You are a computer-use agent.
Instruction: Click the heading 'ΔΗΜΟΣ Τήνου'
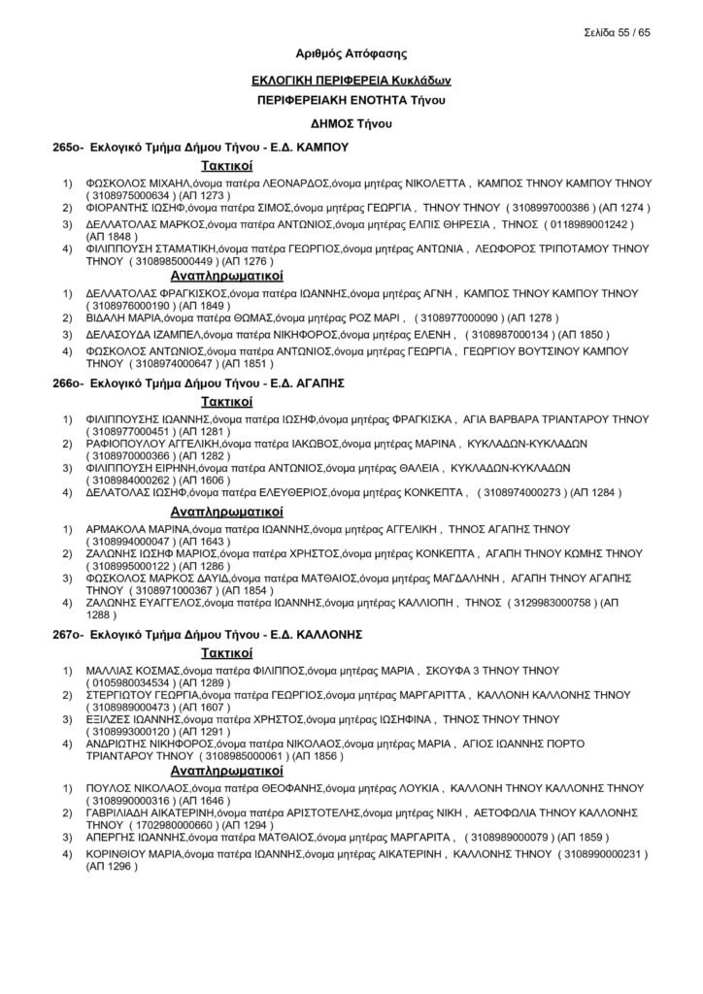(x=351, y=124)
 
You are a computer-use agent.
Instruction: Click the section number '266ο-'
(x=67, y=383)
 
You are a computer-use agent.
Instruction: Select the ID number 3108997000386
(x=547, y=207)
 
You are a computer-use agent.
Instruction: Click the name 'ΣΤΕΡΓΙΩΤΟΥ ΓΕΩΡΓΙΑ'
(x=143, y=696)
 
